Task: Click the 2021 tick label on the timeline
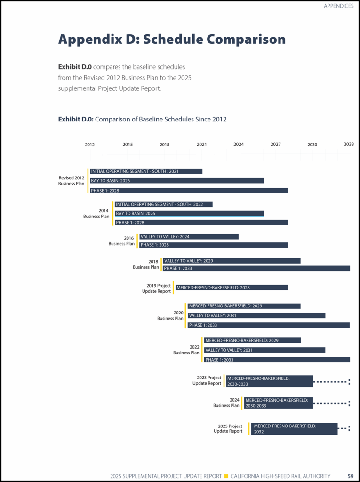tap(201, 145)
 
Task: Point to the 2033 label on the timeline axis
tap(348, 144)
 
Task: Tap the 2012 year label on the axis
tap(90, 145)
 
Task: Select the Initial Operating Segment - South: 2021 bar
tap(146, 171)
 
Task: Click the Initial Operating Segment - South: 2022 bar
tap(164, 204)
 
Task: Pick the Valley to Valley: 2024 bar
tap(189, 237)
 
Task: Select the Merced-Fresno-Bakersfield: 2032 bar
tap(294, 429)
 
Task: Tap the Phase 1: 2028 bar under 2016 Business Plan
tap(213, 245)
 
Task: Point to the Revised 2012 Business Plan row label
tap(72, 181)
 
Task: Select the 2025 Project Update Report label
tap(228, 429)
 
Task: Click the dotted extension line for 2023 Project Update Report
tap(331, 381)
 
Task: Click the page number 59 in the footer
tap(351, 476)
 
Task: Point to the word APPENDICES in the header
tap(338, 6)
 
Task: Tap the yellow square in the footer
tap(226, 476)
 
